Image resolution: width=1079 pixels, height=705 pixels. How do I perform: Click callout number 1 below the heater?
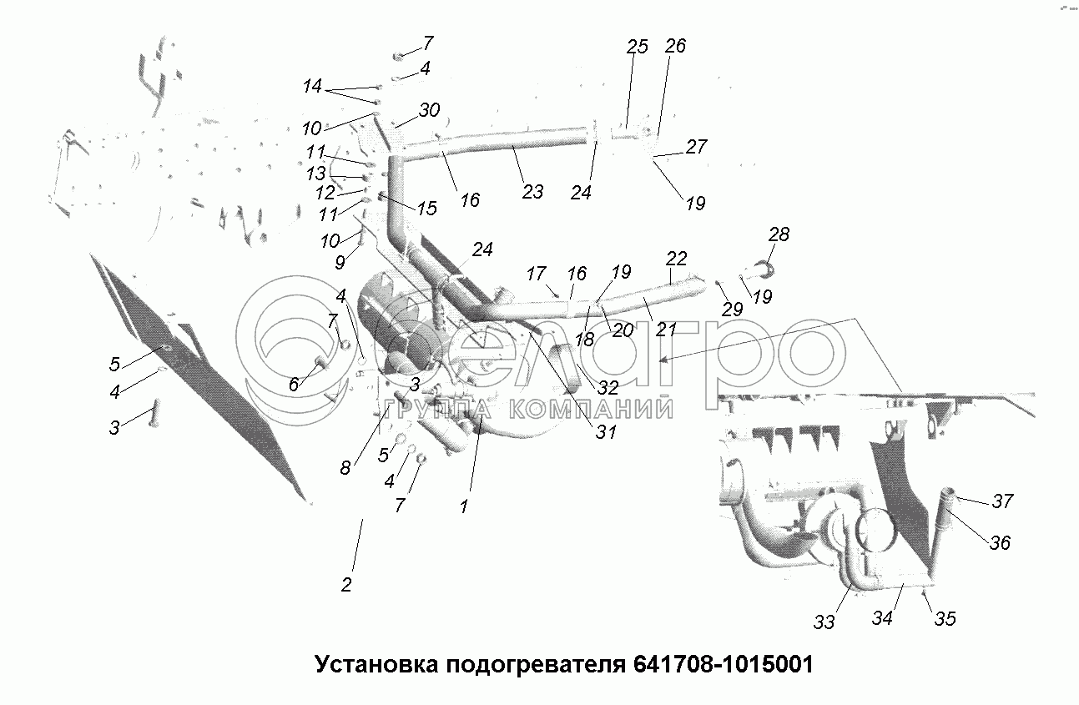(464, 505)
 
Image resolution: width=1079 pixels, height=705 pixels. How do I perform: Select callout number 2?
(346, 584)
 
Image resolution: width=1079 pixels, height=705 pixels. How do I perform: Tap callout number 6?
(294, 385)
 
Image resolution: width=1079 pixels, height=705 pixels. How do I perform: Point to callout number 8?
(345, 468)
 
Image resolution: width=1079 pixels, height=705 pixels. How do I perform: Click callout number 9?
(339, 263)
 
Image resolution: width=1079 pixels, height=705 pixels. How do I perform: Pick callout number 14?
(312, 86)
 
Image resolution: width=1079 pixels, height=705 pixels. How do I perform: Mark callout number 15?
(426, 209)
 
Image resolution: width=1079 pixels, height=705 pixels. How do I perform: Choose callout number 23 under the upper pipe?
(532, 192)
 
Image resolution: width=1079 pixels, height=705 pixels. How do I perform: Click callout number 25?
(637, 47)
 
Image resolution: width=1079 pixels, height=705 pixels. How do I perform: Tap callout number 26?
(675, 46)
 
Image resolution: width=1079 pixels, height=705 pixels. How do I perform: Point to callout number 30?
(429, 110)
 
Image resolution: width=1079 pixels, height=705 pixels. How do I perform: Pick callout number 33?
(824, 622)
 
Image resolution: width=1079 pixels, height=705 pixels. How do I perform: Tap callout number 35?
(945, 618)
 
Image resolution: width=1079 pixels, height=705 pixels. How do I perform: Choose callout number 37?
(1002, 501)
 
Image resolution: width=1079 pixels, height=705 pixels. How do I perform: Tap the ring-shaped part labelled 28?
(765, 269)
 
